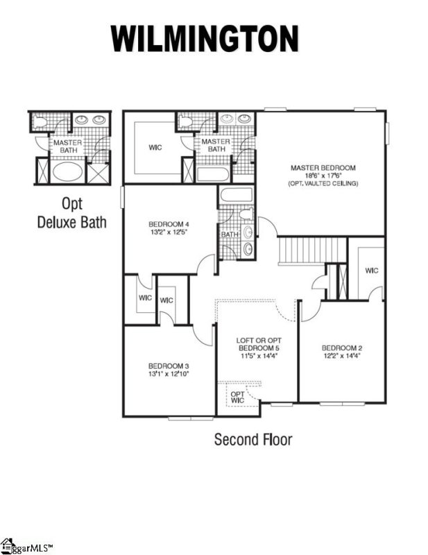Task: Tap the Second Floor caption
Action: pos(252,439)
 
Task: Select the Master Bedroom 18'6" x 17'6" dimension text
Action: pos(323,176)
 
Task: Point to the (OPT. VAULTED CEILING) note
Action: pos(323,183)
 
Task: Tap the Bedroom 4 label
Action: pos(169,224)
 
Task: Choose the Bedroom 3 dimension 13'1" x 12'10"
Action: pos(169,373)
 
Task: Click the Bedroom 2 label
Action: pos(342,348)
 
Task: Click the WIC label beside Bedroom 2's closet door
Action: pos(371,270)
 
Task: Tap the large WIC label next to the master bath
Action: pos(155,147)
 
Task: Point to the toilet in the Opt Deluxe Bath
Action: pos(42,122)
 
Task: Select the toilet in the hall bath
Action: pos(248,214)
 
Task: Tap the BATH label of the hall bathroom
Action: pos(229,234)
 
